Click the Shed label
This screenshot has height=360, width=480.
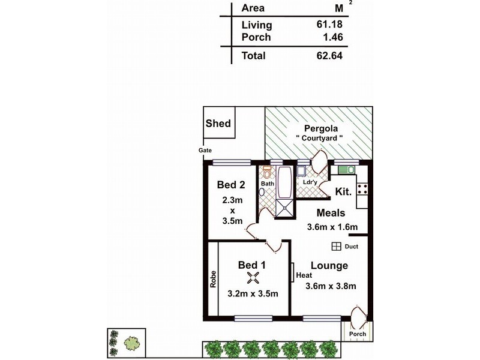218,124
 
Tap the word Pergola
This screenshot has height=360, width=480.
320,128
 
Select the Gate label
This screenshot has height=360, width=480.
206,151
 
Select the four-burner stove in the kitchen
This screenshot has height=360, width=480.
362,189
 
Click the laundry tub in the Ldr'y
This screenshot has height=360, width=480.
302,169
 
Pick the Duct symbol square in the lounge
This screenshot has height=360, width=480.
336,247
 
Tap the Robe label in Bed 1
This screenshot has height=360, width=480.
213,278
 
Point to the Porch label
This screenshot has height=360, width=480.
358,334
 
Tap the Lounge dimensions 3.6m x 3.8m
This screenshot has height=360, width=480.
331,286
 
